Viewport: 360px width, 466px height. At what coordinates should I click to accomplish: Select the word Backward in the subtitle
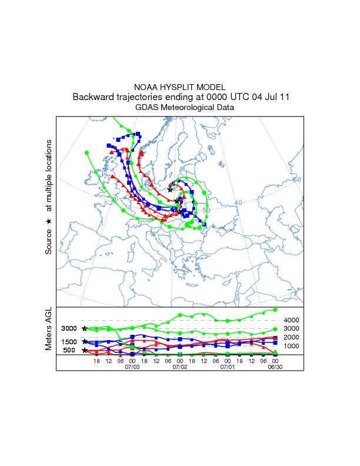coord(94,97)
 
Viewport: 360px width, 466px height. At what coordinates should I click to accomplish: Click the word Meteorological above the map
coord(189,107)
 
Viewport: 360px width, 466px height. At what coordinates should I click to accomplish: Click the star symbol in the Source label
coord(49,221)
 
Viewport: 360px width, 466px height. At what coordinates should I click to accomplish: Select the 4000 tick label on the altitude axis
coord(292,320)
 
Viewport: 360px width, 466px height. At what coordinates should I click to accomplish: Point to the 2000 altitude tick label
coord(292,338)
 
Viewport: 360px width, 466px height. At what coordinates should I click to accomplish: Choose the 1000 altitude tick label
coord(292,347)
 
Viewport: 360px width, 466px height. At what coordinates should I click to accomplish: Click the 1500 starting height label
coord(69,342)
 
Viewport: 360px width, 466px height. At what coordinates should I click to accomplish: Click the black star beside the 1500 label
coord(85,341)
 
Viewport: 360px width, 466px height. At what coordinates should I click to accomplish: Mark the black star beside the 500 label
coord(85,350)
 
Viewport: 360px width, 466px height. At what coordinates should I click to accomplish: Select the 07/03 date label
coord(132,367)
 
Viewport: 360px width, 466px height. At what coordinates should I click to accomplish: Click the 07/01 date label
coord(227,367)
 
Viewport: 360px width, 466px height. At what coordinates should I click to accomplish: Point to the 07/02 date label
coord(180,367)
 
